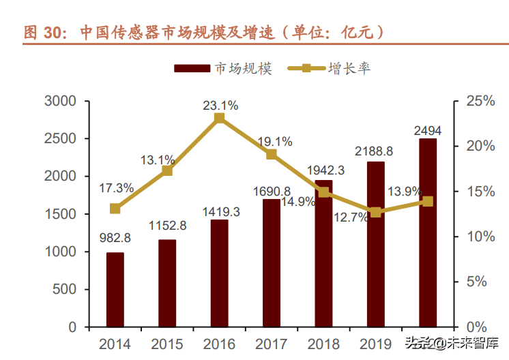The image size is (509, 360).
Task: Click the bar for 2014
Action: [x=115, y=290]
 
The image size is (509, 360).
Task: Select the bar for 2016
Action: [x=219, y=273]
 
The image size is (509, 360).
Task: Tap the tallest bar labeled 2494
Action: [x=428, y=232]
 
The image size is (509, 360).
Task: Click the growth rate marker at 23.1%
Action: [x=219, y=119]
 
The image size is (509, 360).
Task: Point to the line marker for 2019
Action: [x=375, y=212]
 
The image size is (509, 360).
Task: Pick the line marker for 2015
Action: [x=167, y=170]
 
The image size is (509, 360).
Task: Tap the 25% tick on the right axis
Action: [x=480, y=101]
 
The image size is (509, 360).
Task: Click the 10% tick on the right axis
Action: [x=480, y=237]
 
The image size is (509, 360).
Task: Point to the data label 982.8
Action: [x=114, y=238]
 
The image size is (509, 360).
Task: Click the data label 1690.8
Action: [x=271, y=191]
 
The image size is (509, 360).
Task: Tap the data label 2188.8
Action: [x=375, y=150]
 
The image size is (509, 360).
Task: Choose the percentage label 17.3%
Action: [x=116, y=187]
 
